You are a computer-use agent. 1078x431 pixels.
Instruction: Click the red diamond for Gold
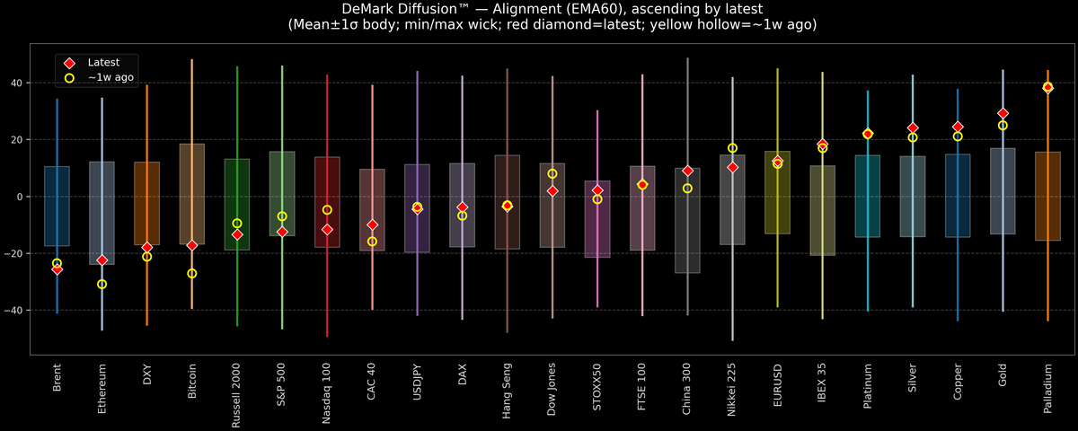pyautogui.click(x=1003, y=113)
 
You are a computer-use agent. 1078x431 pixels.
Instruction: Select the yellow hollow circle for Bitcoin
pyautogui.click(x=191, y=273)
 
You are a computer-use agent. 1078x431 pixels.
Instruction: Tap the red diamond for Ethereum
pyautogui.click(x=102, y=259)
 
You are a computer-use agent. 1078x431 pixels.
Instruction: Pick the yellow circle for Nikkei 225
pyautogui.click(x=732, y=148)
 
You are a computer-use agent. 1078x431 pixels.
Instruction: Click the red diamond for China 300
pyautogui.click(x=687, y=171)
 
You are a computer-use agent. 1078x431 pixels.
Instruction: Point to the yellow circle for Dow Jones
pyautogui.click(x=552, y=173)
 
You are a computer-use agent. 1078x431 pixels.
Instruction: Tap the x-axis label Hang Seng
pyautogui.click(x=507, y=391)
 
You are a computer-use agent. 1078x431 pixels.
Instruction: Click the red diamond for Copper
pyautogui.click(x=958, y=127)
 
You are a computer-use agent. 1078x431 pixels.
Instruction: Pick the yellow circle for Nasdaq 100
pyautogui.click(x=327, y=210)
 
